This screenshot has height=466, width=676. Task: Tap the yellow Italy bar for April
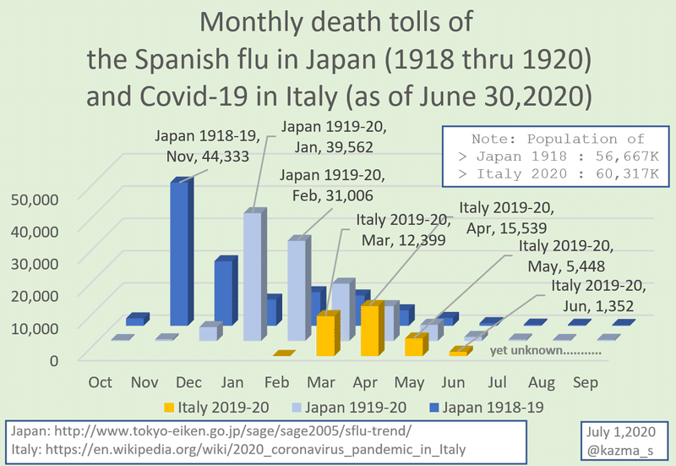[373, 330]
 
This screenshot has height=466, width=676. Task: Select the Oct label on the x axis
[101, 382]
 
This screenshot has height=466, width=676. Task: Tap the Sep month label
[586, 382]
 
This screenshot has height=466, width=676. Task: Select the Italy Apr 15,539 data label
[504, 217]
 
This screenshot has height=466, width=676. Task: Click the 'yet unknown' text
[545, 349]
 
